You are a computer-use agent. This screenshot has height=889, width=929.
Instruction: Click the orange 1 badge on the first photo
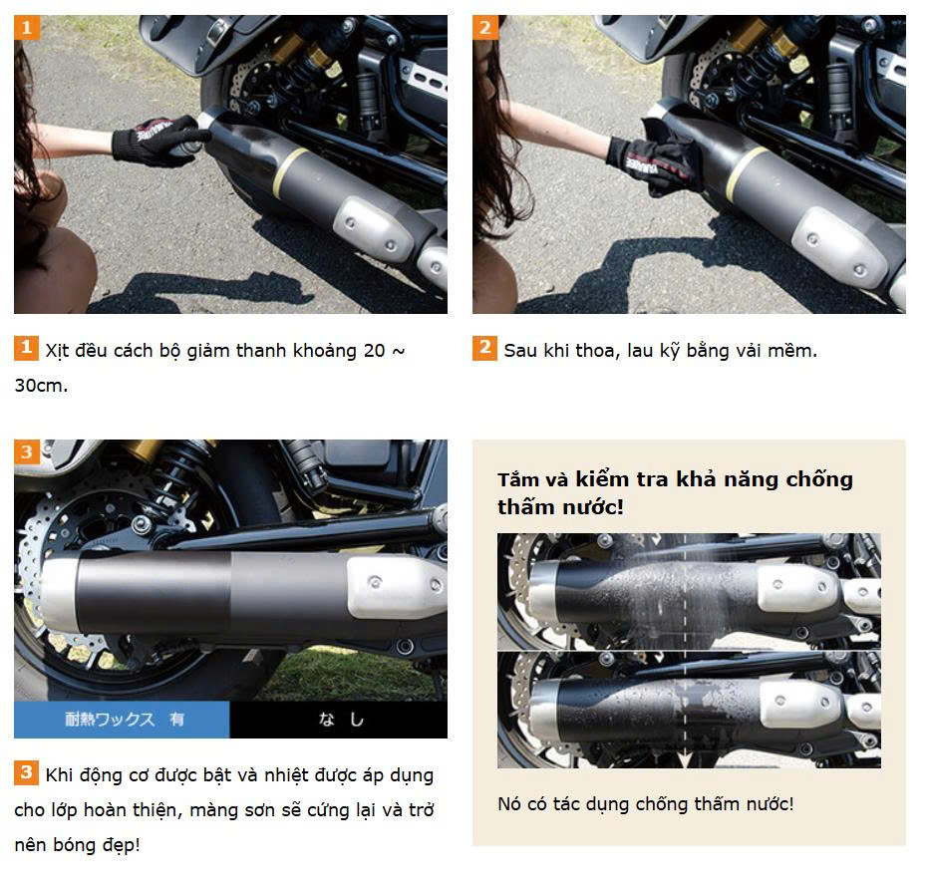[27, 28]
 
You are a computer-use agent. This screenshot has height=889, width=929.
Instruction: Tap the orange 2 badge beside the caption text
[484, 348]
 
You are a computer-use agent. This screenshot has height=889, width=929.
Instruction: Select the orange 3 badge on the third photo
[27, 451]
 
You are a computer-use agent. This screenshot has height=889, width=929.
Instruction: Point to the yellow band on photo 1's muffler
[290, 172]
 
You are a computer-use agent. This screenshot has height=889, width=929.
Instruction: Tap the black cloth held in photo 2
[673, 157]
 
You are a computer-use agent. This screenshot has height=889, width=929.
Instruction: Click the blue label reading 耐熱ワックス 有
[122, 719]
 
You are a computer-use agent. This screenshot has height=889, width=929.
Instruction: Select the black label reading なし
[338, 719]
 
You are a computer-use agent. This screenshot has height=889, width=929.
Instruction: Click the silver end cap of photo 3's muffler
[59, 593]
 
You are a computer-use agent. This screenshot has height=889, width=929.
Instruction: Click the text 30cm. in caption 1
[41, 386]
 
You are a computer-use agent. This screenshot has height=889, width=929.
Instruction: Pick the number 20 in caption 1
[375, 351]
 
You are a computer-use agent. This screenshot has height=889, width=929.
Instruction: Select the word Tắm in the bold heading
[517, 478]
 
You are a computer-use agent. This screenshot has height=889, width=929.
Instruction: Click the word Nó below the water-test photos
[508, 803]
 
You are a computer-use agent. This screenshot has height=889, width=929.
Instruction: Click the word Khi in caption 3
[59, 774]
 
